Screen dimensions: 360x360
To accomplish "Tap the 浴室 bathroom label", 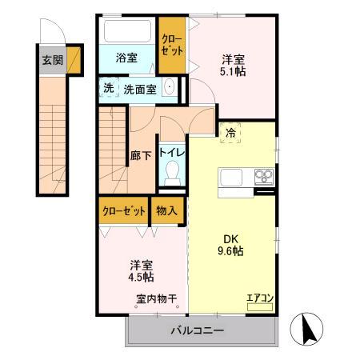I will (x=126, y=58).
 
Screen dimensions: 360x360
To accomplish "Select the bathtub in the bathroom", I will (x=126, y=33).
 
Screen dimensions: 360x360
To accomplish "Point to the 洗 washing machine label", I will (x=108, y=89).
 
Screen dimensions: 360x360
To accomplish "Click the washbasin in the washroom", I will (x=169, y=88).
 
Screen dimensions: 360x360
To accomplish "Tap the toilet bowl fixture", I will (x=170, y=172).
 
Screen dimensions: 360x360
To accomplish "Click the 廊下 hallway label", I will (x=140, y=155).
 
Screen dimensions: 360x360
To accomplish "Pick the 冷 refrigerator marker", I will (x=230, y=134).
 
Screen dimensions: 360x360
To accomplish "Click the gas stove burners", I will (x=263, y=177).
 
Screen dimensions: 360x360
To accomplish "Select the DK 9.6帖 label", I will (x=232, y=244).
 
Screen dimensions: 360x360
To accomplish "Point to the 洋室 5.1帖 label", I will (x=234, y=62).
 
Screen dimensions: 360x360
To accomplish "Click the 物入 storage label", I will (x=167, y=211).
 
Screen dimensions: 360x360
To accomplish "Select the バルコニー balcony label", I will (x=196, y=330).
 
